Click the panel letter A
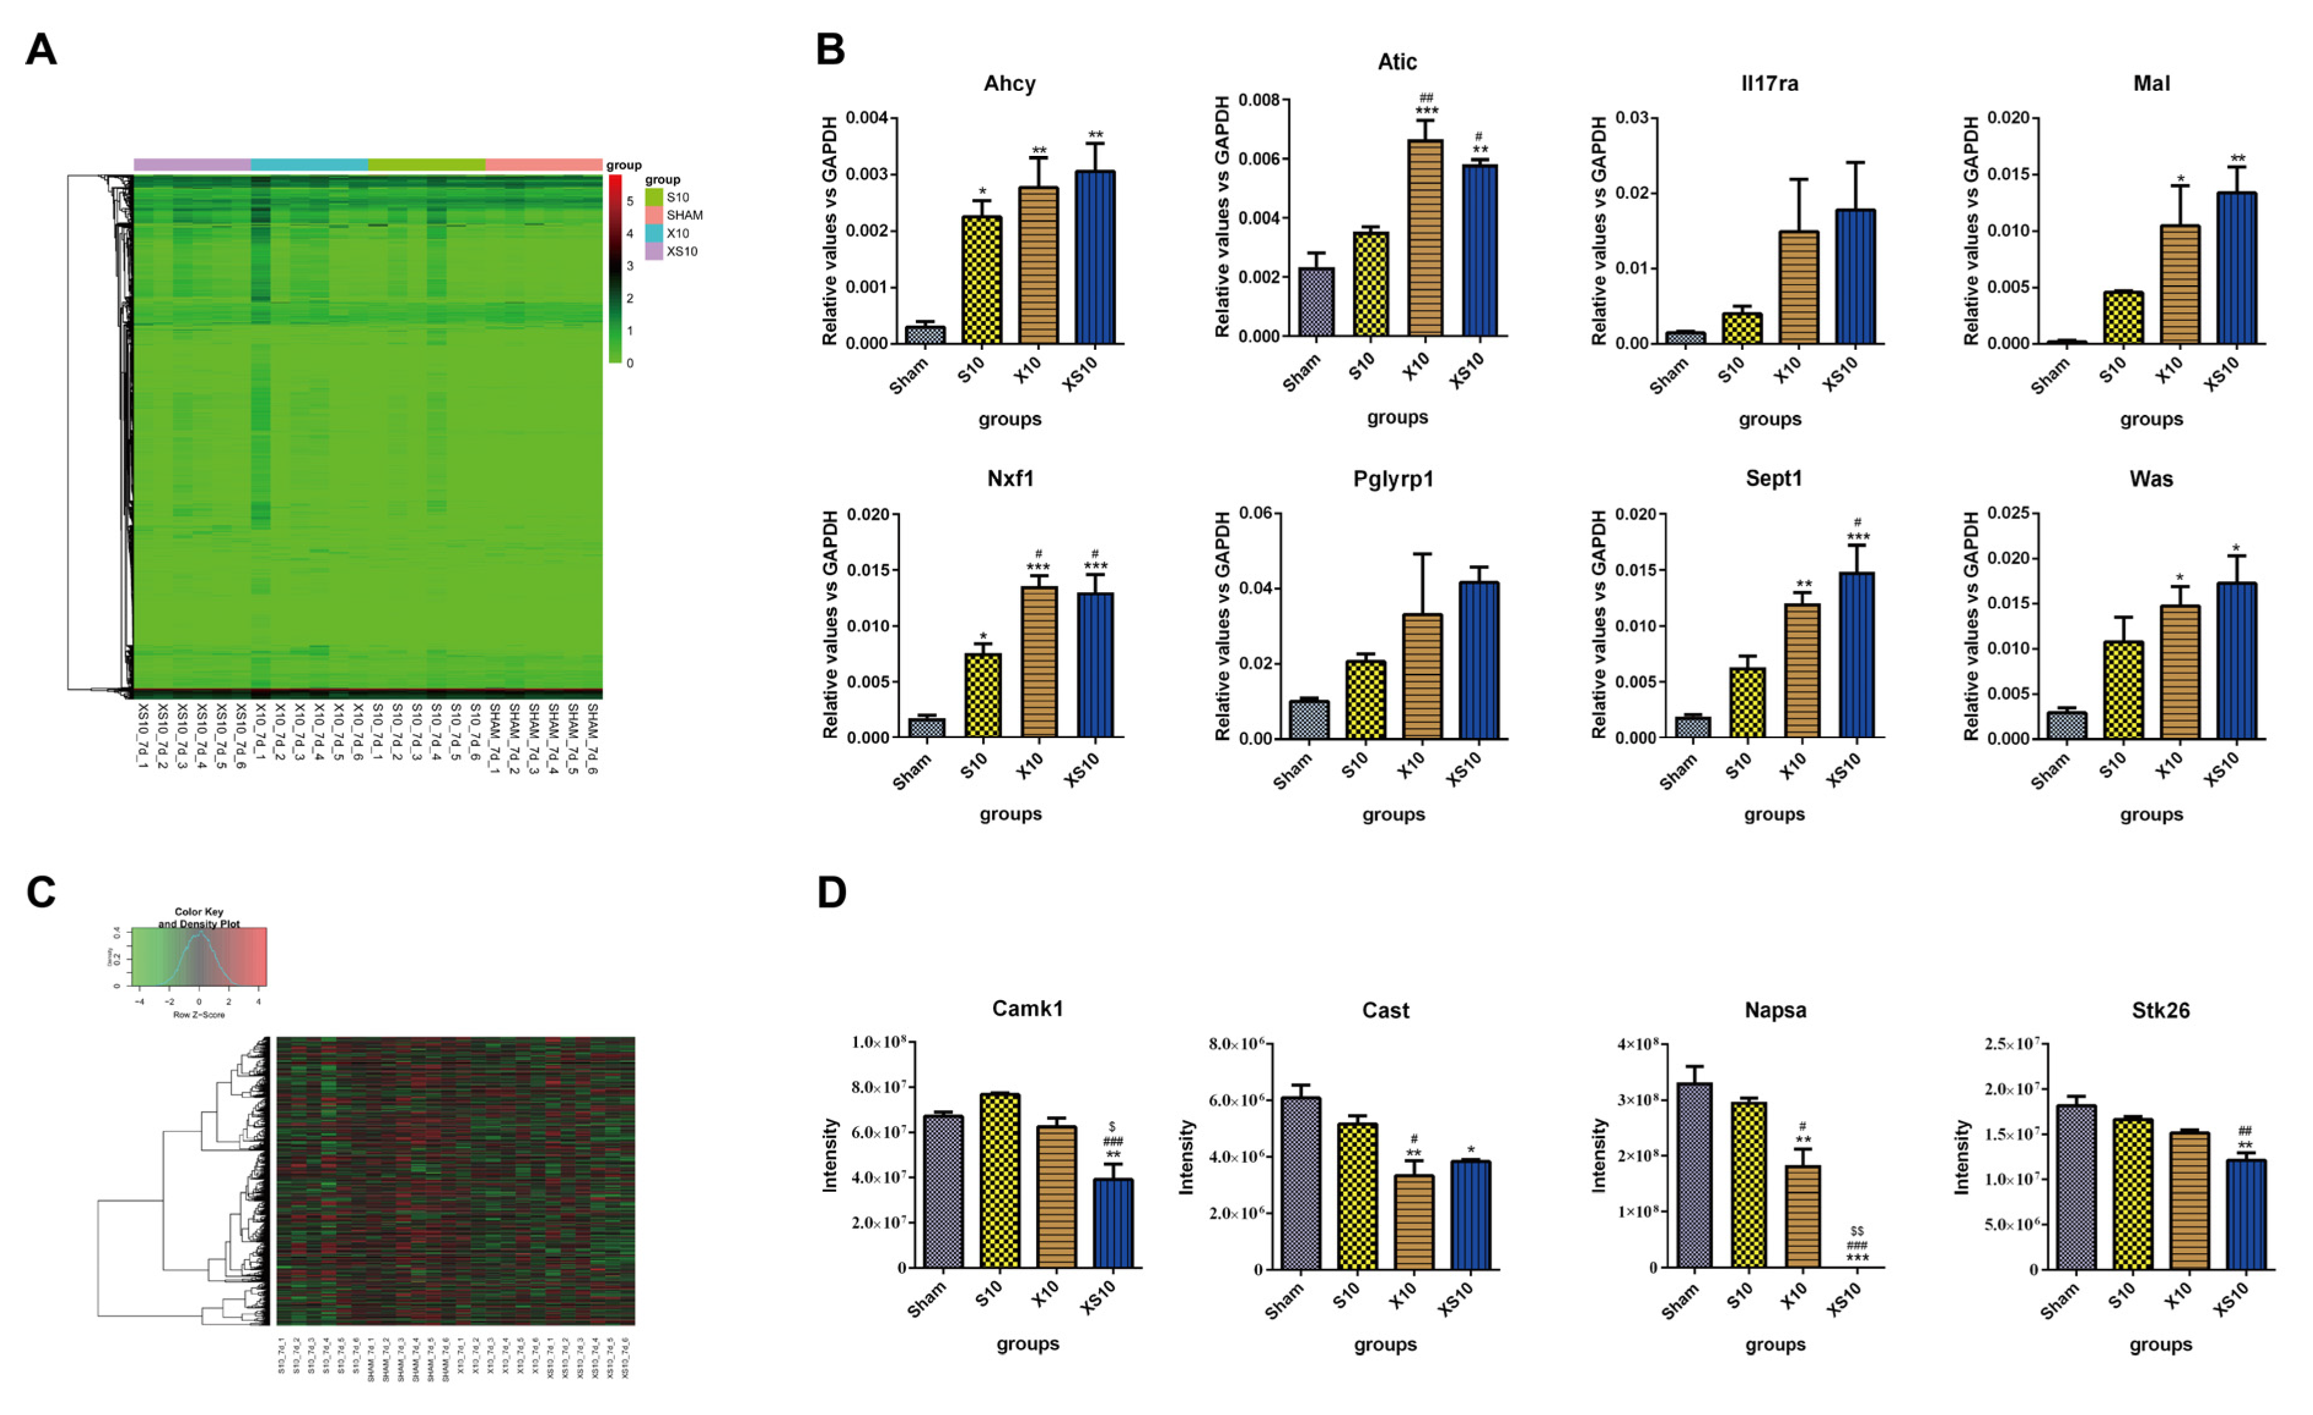coord(41,49)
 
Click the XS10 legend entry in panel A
coord(681,252)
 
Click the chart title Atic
coord(1396,62)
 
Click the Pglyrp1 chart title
coord(1393,479)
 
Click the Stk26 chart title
coord(2160,1011)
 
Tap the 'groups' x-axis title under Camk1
coord(1028,1344)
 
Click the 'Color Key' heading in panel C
coord(199,911)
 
